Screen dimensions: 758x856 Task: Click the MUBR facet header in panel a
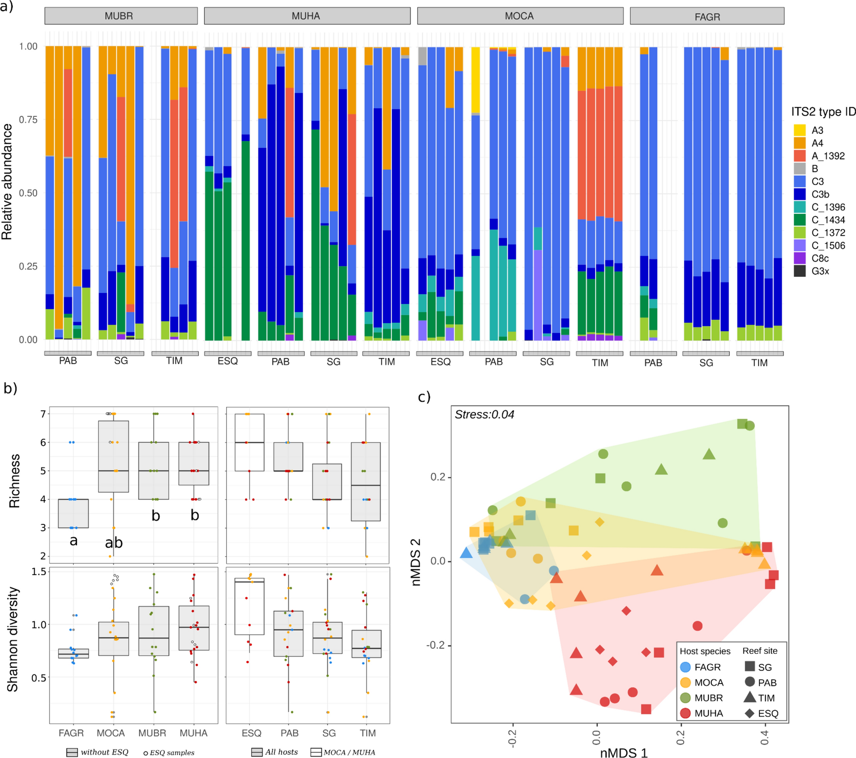[x=121, y=16]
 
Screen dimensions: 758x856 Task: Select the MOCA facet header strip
[x=519, y=16]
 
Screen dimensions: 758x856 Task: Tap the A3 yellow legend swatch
[x=799, y=130]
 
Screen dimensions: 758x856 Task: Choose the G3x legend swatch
[x=799, y=271]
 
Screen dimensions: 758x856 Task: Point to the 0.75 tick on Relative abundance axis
[x=29, y=119]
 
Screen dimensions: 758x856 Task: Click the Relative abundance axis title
[x=7, y=182]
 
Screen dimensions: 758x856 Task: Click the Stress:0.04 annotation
[x=484, y=414]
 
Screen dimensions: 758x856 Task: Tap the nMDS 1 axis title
[x=624, y=752]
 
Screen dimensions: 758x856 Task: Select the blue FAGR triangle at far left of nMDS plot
[x=467, y=553]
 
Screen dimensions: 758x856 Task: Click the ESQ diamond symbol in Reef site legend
[x=749, y=713]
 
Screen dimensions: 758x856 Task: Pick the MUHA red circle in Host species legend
[x=685, y=713]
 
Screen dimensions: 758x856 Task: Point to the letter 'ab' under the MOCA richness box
[x=114, y=543]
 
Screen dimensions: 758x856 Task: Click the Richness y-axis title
[x=15, y=481]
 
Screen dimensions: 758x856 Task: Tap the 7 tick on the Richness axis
[x=43, y=414]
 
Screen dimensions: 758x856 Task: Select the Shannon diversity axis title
[x=13, y=639]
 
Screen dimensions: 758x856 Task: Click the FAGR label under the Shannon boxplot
[x=71, y=733]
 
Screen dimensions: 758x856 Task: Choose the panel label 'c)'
[x=424, y=397]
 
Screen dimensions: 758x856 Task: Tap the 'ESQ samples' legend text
[x=172, y=752]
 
